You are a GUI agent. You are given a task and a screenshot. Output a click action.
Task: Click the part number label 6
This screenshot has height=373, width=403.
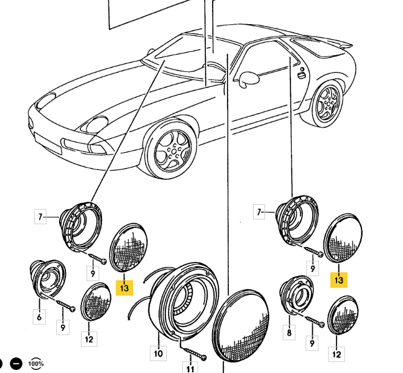click(39, 317)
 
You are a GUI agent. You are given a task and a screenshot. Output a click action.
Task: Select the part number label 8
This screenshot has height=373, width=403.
click(289, 333)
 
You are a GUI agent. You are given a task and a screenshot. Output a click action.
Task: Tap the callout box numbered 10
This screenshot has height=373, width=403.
click(159, 354)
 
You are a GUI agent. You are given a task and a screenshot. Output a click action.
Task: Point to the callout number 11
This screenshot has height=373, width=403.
click(190, 368)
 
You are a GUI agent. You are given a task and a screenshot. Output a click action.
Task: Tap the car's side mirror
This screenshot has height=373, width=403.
click(249, 78)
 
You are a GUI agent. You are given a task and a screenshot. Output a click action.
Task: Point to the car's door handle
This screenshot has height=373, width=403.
click(301, 75)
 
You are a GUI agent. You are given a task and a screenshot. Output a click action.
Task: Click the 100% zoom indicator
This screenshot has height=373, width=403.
click(36, 364)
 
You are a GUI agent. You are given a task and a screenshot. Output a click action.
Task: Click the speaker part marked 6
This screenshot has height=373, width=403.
click(47, 279)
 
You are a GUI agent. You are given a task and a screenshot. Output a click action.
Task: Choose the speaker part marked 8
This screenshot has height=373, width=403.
click(296, 294)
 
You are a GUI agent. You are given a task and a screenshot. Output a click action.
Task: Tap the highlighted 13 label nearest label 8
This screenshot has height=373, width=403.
click(339, 280)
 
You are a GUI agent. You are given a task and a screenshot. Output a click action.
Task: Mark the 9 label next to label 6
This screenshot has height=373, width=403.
click(63, 327)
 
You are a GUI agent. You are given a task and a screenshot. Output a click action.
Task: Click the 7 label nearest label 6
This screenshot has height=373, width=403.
click(40, 217)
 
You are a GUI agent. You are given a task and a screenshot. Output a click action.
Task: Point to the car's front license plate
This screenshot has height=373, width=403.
click(48, 143)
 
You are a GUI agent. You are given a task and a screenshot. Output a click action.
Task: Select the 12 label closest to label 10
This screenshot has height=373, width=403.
click(89, 339)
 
